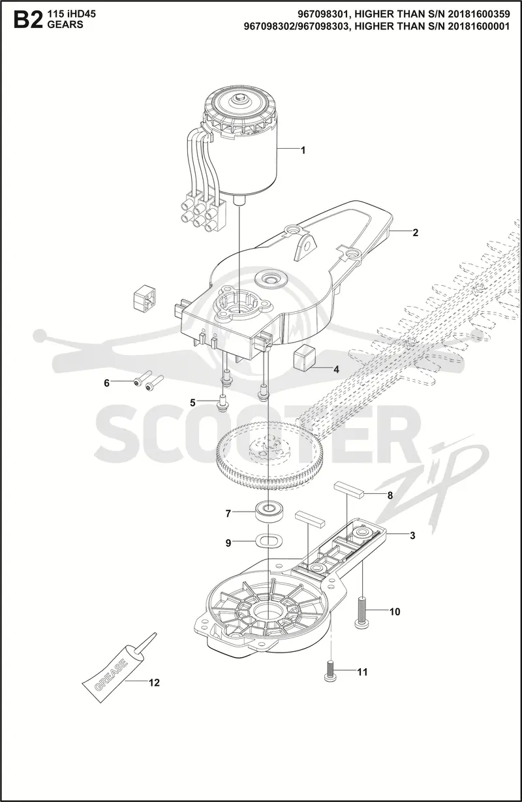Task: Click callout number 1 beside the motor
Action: [303, 150]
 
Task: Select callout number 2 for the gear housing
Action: [415, 233]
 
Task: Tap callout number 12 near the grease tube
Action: [154, 683]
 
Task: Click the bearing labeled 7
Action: [269, 512]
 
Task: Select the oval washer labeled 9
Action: [268, 542]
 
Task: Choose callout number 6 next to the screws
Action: [107, 383]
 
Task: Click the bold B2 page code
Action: [26, 20]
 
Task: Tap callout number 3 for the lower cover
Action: [412, 536]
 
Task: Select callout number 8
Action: [390, 495]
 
